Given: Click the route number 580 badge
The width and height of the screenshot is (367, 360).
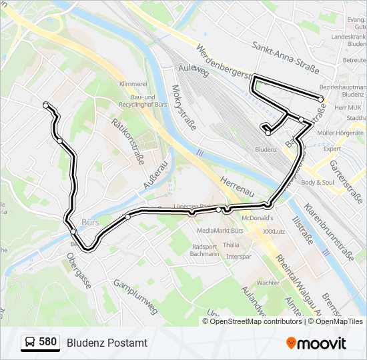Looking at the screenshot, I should coord(40,343).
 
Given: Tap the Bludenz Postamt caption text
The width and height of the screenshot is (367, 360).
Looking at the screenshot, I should coord(107,343).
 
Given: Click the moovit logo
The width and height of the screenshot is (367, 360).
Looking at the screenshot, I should coord(316,343).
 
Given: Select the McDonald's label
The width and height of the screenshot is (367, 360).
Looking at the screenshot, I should coord(258,218).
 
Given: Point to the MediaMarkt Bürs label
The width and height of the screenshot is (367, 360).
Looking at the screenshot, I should coord(220,231).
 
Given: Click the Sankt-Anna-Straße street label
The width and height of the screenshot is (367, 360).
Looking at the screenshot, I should coord(286,56).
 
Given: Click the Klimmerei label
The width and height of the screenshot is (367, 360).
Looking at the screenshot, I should coord(132,84).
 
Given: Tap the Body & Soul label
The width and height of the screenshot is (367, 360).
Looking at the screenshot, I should coord(318,182).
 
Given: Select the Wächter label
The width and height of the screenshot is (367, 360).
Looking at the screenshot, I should coord(268,283).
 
